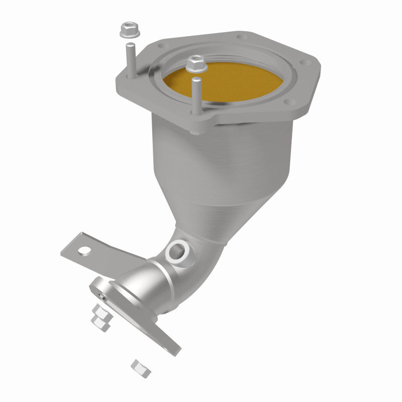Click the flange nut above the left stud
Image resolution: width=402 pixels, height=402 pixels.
129,30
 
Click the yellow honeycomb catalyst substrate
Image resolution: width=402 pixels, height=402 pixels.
221,80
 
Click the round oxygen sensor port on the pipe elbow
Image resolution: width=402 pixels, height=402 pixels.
177,250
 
